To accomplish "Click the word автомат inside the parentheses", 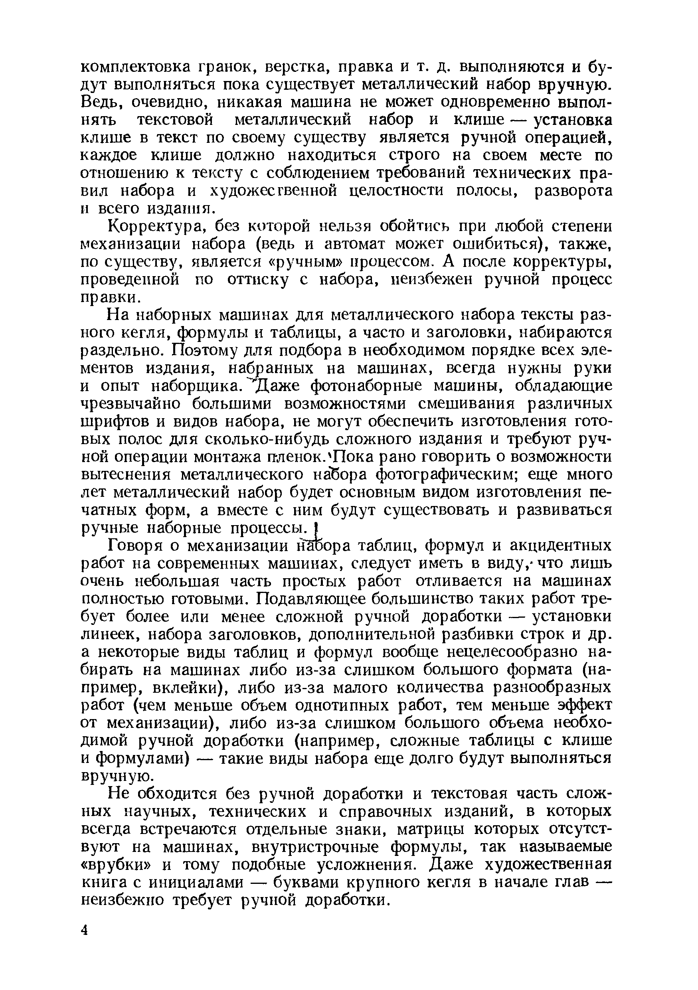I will coord(355,244).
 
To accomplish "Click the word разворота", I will coord(573,191).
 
